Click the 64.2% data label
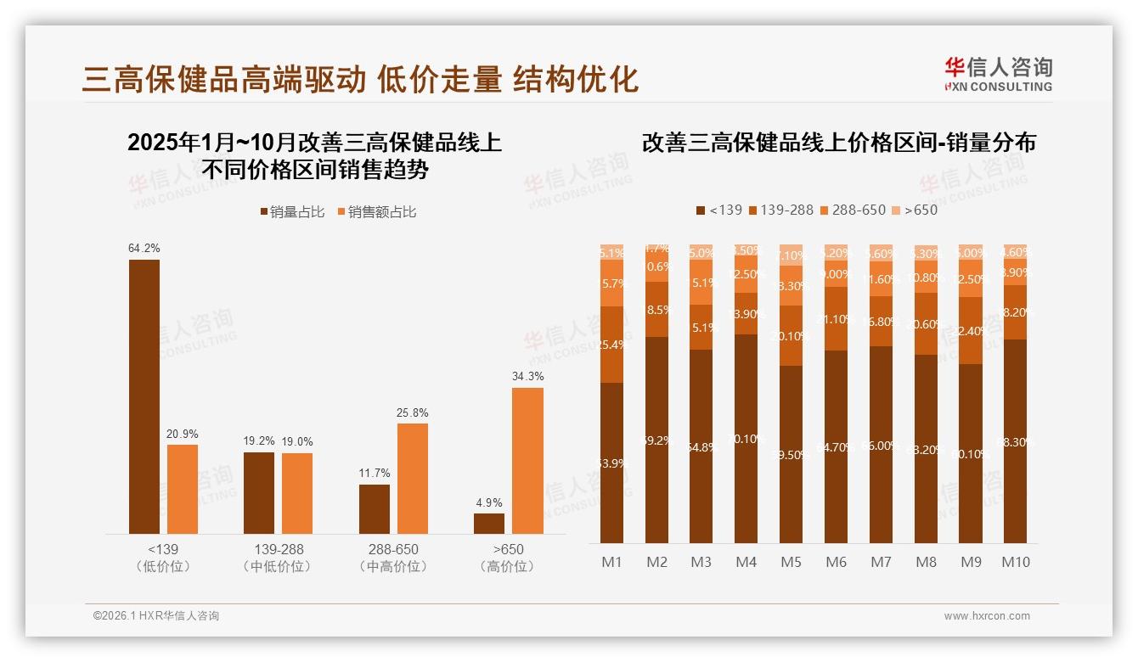[144, 249]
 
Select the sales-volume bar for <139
[144, 396]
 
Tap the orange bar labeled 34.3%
[527, 461]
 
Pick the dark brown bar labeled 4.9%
[489, 524]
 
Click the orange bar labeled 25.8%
[412, 479]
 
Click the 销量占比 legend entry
[292, 212]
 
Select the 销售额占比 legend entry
[377, 212]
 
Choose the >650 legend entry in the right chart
[915, 210]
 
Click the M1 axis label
[611, 562]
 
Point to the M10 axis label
[1015, 562]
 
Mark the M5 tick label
[791, 562]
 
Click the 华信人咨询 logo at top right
[998, 74]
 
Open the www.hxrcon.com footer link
[987, 616]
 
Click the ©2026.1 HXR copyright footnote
[156, 616]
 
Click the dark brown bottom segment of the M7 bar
[881, 445]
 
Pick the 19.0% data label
[297, 442]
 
